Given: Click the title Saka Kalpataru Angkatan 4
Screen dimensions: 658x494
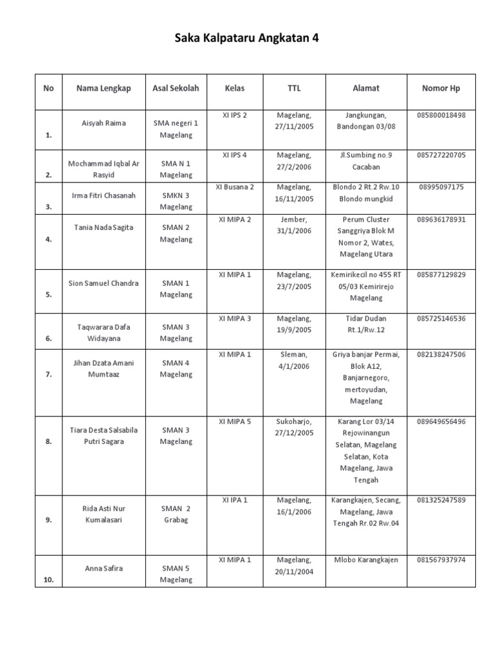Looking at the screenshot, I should (247, 39).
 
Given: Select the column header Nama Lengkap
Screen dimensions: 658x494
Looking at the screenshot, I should (104, 89).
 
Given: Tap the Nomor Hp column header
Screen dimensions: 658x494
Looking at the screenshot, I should (441, 89).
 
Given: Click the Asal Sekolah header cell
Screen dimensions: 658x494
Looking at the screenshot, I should (176, 89).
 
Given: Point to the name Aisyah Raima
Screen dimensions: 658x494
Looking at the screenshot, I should (104, 123).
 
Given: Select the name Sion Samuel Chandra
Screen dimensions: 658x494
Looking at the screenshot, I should (104, 283).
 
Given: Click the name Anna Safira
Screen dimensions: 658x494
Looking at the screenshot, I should (104, 568).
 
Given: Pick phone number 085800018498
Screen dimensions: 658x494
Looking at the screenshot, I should (441, 116).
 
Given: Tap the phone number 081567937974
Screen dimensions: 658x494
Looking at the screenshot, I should (441, 560).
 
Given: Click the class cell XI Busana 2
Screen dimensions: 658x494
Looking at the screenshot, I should (235, 188).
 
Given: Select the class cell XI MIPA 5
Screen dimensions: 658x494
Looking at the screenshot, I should (235, 422).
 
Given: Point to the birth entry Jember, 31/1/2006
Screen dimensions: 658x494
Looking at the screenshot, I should (294, 226).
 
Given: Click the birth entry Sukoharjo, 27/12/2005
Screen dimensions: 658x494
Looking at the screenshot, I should (294, 427).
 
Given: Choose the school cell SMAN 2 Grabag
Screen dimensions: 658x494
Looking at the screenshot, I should (176, 513).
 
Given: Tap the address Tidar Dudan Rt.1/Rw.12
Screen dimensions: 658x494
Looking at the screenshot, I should (366, 324).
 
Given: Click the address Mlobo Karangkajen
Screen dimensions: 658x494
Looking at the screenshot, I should (366, 560).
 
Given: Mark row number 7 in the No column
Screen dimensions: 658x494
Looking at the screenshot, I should (48, 375).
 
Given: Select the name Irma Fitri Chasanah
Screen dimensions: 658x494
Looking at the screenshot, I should (104, 195).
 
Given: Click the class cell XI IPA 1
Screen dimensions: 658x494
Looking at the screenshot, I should (235, 500).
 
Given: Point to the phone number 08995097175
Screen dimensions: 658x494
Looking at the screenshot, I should (441, 188).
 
